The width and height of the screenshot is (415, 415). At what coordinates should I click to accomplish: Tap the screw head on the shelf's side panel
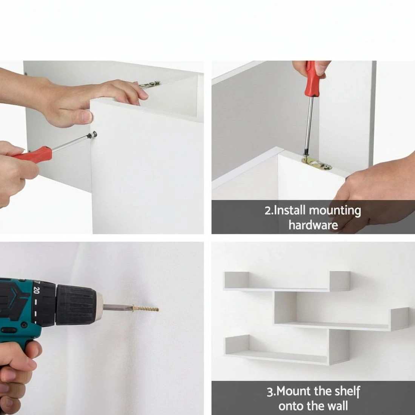93,135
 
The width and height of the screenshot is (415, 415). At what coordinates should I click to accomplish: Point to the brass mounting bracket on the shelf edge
317,163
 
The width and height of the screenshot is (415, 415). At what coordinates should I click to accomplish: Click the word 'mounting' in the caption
335,211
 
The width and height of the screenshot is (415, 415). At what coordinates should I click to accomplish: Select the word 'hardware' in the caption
313,225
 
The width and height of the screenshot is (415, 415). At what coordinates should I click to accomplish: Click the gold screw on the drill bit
145,309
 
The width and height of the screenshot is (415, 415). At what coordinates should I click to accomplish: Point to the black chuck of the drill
76,304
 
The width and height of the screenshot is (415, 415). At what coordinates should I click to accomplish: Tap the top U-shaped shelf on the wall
287,281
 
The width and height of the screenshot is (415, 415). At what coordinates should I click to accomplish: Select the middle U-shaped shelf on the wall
341,311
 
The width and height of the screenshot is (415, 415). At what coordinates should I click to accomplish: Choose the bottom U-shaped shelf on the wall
287,347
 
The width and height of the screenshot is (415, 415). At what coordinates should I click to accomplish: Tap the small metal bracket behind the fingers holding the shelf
150,84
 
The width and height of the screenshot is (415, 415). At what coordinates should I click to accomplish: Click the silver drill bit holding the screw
117,307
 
